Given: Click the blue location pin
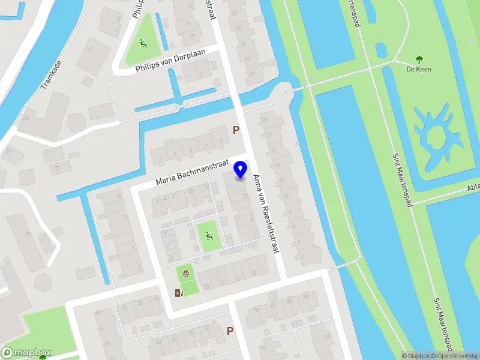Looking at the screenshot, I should tap(241, 169).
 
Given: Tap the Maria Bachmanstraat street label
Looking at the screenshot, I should tap(193, 172).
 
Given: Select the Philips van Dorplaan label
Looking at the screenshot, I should tap(170, 69).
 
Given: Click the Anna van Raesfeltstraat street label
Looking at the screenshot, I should tap(266, 212).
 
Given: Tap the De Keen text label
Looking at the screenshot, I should tap(419, 69).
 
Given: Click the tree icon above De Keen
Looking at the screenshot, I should tap(419, 59).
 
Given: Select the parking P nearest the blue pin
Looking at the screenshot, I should tap(236, 130).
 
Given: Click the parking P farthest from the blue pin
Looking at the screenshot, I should tap(230, 331).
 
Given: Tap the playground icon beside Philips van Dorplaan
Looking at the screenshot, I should tap(143, 43).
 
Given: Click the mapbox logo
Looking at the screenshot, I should tap(26, 353).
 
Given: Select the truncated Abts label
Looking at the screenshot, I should tap(473, 188).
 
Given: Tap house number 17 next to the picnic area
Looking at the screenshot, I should tap(222, 281).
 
